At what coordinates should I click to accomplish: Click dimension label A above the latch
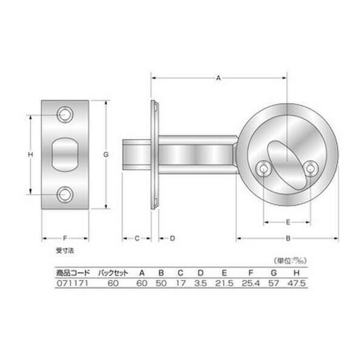tap(218, 78)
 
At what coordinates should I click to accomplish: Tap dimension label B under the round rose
tap(288, 238)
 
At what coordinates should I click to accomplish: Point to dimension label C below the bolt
tap(137, 238)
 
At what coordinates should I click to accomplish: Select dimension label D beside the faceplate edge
tap(172, 238)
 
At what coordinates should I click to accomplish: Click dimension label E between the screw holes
tap(288, 222)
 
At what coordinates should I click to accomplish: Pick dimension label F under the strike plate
tap(65, 238)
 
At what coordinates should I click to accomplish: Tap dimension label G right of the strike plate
tap(106, 154)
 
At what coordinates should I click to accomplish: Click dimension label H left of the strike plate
tap(30, 154)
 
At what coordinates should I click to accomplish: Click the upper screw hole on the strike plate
tap(66, 115)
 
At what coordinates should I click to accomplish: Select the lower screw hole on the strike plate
tap(66, 194)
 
